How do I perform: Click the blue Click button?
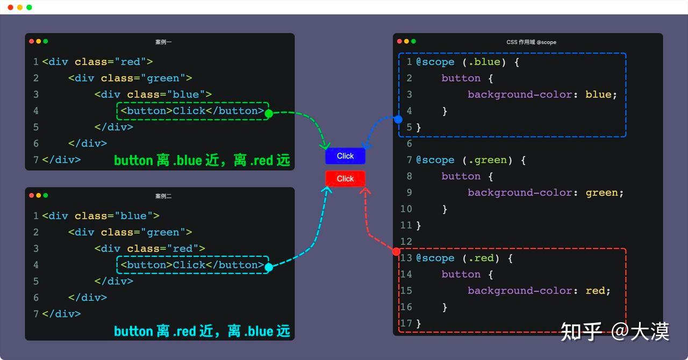(x=345, y=156)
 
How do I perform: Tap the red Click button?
(x=345, y=178)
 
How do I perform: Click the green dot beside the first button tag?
(x=269, y=113)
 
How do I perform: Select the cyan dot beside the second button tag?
(x=269, y=267)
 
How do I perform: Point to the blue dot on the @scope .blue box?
(x=398, y=119)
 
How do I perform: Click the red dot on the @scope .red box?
(x=396, y=251)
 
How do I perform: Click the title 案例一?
(x=163, y=42)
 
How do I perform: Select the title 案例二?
(x=163, y=196)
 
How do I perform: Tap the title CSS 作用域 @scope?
(x=531, y=42)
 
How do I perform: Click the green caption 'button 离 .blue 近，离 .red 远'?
(x=202, y=160)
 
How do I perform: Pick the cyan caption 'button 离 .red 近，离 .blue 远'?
(x=202, y=331)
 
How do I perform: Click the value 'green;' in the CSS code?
(x=605, y=192)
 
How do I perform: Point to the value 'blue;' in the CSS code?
(x=601, y=95)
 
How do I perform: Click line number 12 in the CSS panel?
(x=406, y=242)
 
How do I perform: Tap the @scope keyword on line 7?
(x=435, y=160)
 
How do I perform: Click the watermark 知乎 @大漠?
(x=614, y=332)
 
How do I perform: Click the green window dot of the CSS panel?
(x=413, y=41)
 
